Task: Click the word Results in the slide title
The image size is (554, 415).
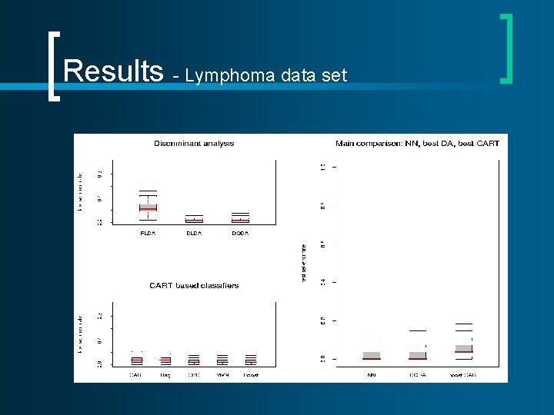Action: point(113,71)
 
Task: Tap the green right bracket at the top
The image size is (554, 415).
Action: point(506,48)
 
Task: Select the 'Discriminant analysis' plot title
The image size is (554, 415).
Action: point(194,143)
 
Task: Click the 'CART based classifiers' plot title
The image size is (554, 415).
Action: point(194,285)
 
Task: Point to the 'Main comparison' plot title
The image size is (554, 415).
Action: point(417,143)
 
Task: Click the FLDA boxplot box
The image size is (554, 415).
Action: point(148,207)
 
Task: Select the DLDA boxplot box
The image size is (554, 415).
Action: point(194,220)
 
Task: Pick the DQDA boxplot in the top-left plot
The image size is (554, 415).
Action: point(240,219)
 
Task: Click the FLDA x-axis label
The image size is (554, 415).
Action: point(148,233)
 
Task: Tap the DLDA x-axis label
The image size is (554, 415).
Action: point(194,233)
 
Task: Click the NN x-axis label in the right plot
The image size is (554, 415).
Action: point(372,376)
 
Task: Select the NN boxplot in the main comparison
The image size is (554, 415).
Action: point(372,355)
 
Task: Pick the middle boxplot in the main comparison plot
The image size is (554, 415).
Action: point(418,354)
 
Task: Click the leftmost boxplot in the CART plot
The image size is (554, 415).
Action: point(136,360)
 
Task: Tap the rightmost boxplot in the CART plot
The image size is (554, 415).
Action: point(251,360)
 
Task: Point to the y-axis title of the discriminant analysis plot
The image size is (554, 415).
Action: point(79,192)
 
